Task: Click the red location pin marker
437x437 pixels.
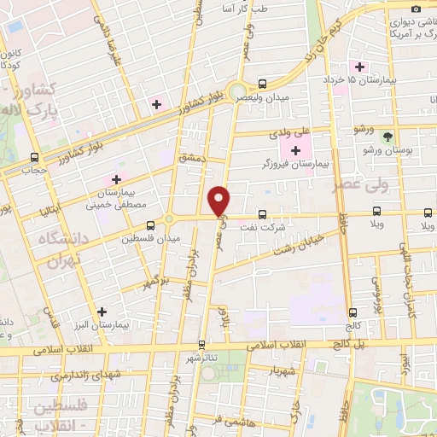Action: click(x=220, y=201)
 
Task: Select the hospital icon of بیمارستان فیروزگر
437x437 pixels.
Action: click(x=295, y=150)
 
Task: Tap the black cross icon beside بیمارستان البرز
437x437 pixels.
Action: click(x=102, y=312)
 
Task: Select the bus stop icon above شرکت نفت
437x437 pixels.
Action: click(x=262, y=214)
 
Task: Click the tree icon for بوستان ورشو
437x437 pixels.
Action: click(x=387, y=137)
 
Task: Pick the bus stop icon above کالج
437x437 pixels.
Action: click(x=353, y=312)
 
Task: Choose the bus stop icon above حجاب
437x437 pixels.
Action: click(x=34, y=157)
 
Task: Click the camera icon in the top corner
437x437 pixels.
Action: click(x=416, y=8)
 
